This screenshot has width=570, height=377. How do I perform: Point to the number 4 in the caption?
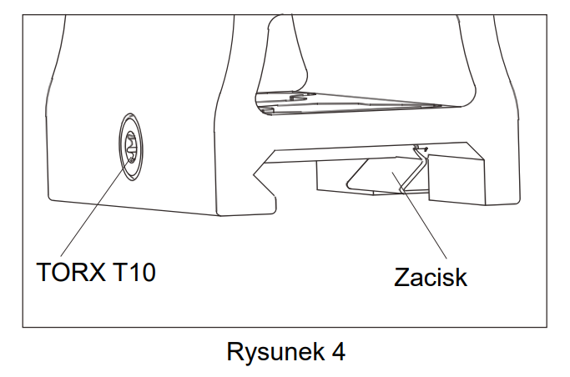(x=337, y=351)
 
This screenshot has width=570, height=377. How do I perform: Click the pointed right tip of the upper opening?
(x=464, y=106)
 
